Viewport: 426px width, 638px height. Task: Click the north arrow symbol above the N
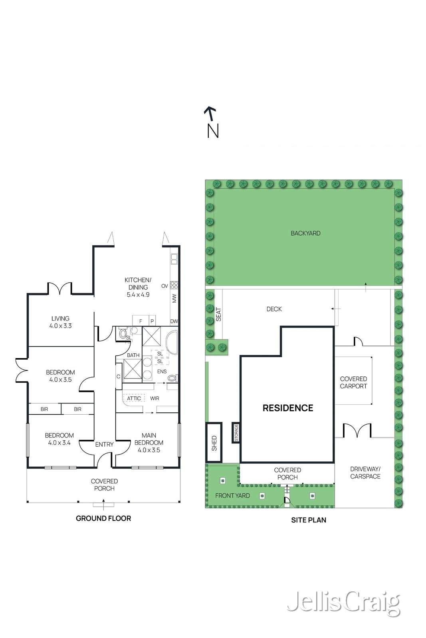pyautogui.click(x=210, y=113)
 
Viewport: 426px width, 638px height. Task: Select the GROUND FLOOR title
pyautogui.click(x=103, y=518)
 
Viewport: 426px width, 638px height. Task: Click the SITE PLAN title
pyautogui.click(x=309, y=520)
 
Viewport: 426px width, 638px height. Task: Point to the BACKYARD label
pyautogui.click(x=305, y=233)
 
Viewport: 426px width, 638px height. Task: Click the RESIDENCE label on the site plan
pyautogui.click(x=288, y=408)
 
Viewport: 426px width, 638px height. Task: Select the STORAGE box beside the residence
pyautogui.click(x=236, y=433)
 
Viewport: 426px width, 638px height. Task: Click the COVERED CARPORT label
pyautogui.click(x=353, y=382)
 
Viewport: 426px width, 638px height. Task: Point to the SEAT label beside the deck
pyautogui.click(x=218, y=314)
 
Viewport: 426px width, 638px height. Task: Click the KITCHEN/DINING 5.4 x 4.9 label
pyautogui.click(x=138, y=287)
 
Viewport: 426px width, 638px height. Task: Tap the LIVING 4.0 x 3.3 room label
pyautogui.click(x=60, y=322)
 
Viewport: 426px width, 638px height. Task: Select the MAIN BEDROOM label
pyautogui.click(x=149, y=443)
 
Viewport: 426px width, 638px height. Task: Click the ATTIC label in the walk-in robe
pyautogui.click(x=134, y=398)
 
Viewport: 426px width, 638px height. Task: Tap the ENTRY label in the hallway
pyautogui.click(x=104, y=444)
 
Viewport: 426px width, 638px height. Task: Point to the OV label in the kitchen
pyautogui.click(x=164, y=286)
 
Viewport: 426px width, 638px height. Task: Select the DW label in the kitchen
pyautogui.click(x=174, y=321)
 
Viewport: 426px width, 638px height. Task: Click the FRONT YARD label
pyautogui.click(x=232, y=496)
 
